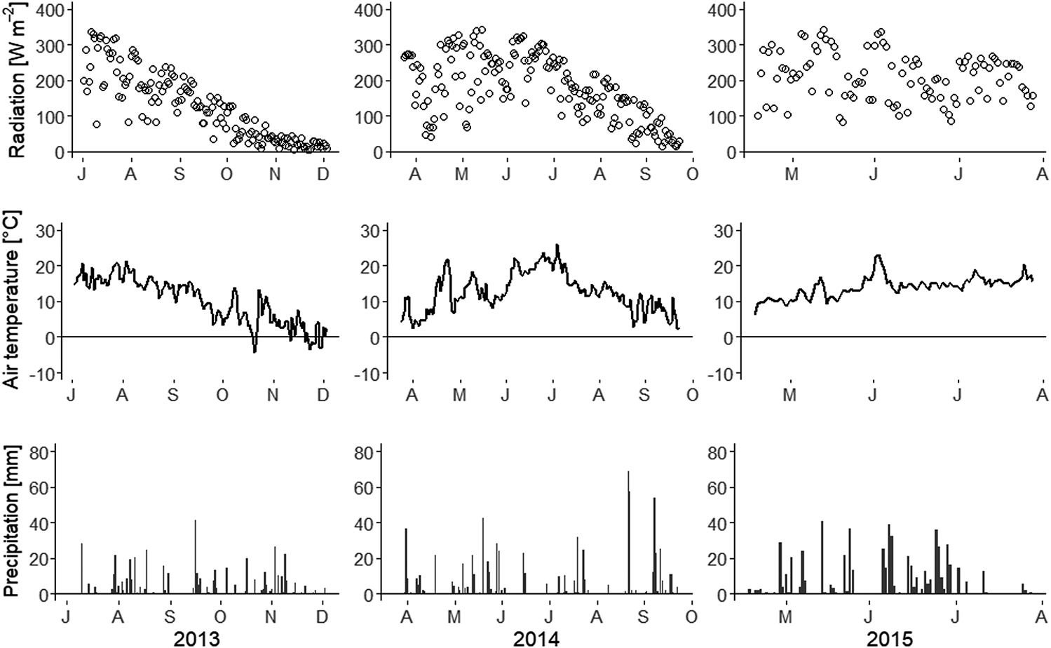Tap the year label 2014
[536, 637]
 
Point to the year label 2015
[890, 637]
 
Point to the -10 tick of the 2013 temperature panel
[47, 373]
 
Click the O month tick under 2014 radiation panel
[692, 173]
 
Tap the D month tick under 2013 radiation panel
[323, 173]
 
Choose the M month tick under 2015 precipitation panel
[787, 616]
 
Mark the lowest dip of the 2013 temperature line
[255, 351]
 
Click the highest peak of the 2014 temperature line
[557, 245]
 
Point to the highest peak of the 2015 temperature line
[877, 255]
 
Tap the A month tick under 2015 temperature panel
[1041, 395]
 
